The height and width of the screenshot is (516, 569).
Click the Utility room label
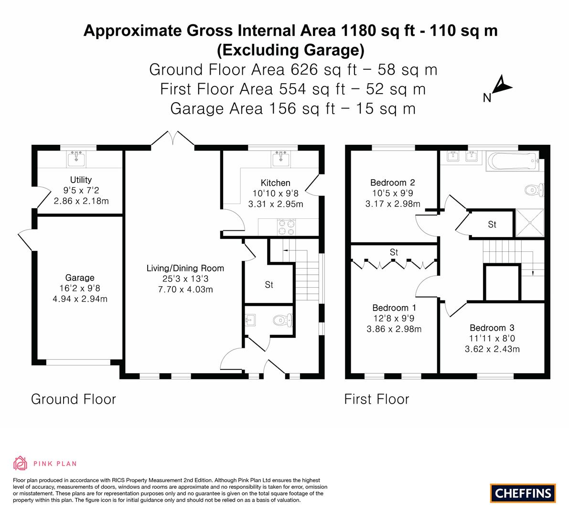81,180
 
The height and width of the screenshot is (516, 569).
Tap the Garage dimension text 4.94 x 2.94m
80,299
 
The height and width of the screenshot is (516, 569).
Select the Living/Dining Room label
185,268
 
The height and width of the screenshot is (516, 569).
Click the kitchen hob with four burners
286,227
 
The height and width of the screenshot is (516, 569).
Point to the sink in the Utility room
76,159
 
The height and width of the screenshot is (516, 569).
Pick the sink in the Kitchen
281,159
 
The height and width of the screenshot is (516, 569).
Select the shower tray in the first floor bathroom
530,223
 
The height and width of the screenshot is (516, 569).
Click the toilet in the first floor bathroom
534,189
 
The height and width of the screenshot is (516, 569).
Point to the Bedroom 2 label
393,183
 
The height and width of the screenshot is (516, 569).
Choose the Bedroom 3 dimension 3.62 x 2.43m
492,349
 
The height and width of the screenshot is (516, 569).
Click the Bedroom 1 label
394,308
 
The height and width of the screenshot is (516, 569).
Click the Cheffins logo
523,493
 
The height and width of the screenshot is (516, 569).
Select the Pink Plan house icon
21,463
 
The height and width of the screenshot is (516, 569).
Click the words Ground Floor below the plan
73,399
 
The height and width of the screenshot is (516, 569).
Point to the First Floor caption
376,399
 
